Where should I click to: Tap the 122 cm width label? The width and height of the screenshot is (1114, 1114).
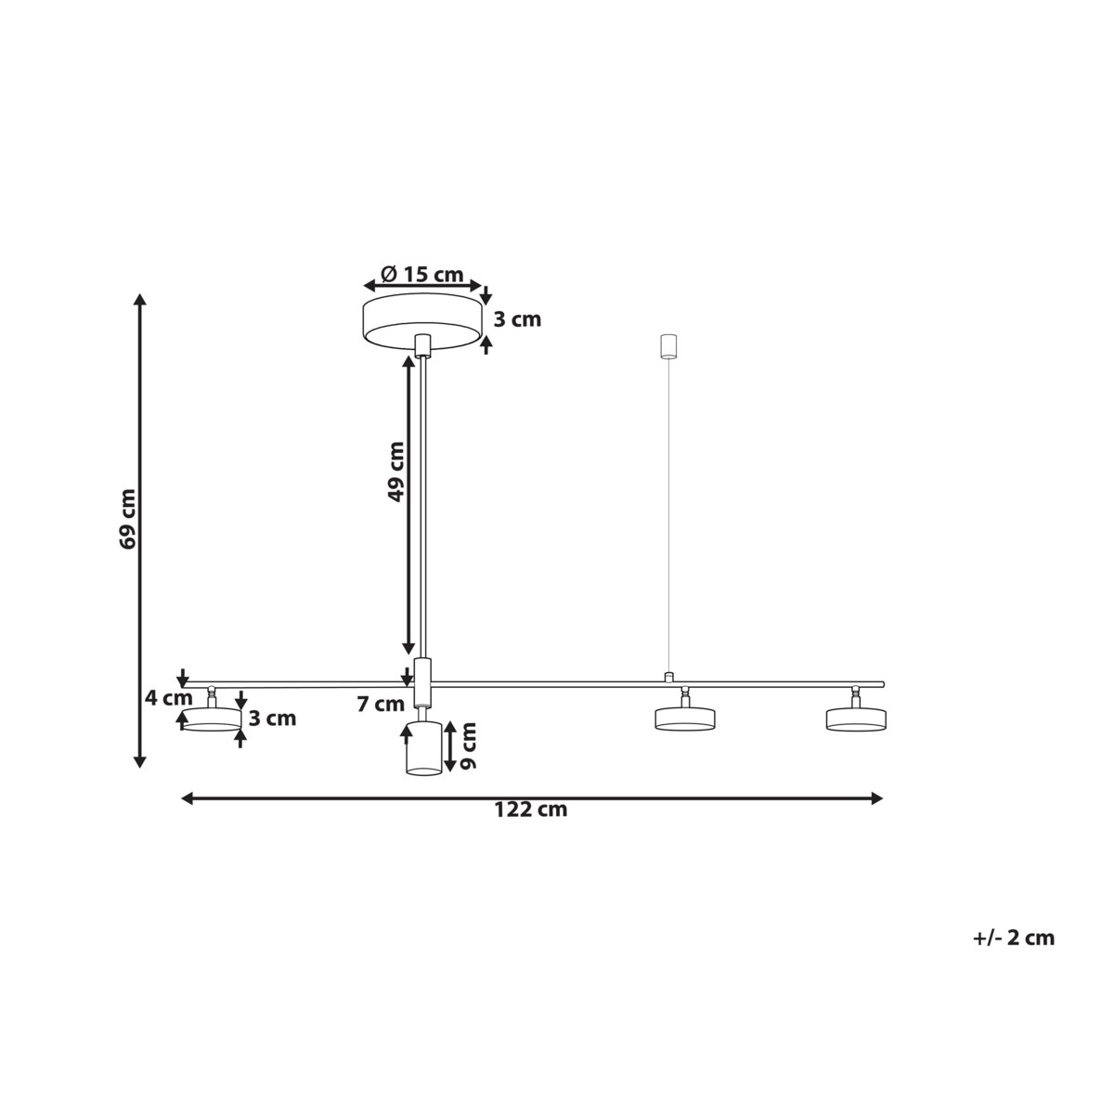pyautogui.click(x=531, y=810)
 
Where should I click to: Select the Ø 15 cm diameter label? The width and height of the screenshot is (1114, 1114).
pyautogui.click(x=421, y=275)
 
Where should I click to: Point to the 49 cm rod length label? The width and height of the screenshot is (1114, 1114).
pyautogui.click(x=396, y=472)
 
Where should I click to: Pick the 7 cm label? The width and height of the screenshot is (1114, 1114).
pyautogui.click(x=381, y=705)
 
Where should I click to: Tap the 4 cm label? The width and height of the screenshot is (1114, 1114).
pyautogui.click(x=169, y=698)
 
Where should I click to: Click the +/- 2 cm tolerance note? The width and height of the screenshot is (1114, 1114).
pyautogui.click(x=1014, y=938)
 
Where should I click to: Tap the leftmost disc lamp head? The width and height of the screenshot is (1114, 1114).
pyautogui.click(x=211, y=718)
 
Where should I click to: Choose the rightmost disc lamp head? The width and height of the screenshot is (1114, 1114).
pyautogui.click(x=856, y=718)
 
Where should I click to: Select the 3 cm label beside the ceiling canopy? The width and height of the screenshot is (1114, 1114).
pyautogui.click(x=516, y=320)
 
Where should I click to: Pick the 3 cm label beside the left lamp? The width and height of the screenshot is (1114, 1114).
pyautogui.click(x=272, y=718)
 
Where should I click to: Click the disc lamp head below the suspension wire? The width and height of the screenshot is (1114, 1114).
pyautogui.click(x=685, y=718)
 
